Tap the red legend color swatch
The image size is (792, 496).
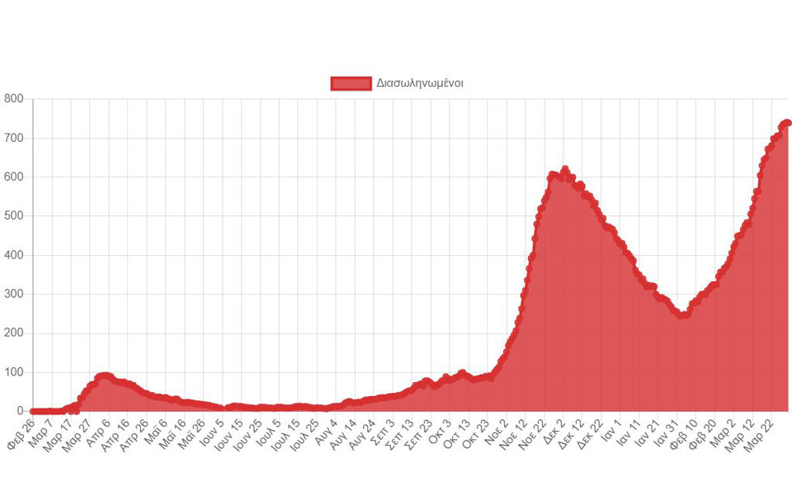[x=351, y=83]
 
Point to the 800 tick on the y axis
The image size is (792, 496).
[x=13, y=99]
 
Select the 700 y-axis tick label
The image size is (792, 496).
[x=13, y=138]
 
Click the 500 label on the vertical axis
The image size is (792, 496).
[x=13, y=216]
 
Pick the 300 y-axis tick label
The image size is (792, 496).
[x=13, y=294]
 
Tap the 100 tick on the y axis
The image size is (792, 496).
[x=13, y=372]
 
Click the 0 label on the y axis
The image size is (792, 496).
[x=21, y=411]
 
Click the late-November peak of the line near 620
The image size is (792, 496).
[x=565, y=170]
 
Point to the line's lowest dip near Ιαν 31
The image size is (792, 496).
[x=681, y=315]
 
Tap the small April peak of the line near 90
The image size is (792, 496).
[x=104, y=376]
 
